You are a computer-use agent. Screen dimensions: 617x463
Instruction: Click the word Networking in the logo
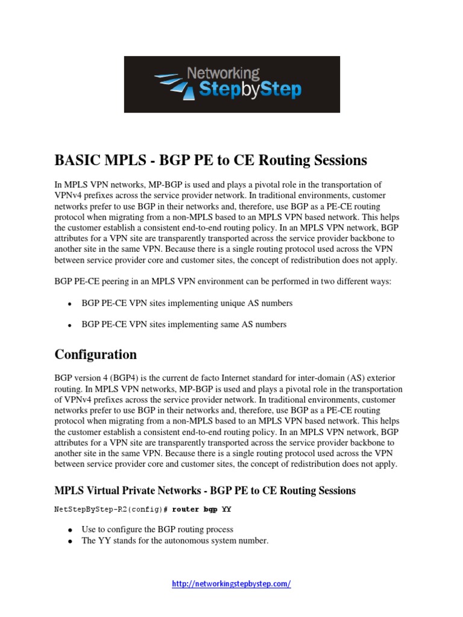click(x=223, y=74)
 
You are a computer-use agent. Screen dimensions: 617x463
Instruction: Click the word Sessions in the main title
click(x=339, y=160)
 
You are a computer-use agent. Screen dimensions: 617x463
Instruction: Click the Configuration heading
click(x=95, y=354)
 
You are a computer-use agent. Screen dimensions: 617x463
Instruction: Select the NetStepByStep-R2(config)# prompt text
click(x=111, y=510)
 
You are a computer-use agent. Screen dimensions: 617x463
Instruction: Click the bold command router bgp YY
click(x=202, y=510)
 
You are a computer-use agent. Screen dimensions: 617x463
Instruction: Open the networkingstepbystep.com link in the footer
click(x=231, y=584)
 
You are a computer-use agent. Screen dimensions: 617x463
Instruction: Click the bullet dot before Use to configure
click(x=71, y=530)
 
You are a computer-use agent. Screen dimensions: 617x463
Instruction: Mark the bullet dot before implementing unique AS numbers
click(x=71, y=304)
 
